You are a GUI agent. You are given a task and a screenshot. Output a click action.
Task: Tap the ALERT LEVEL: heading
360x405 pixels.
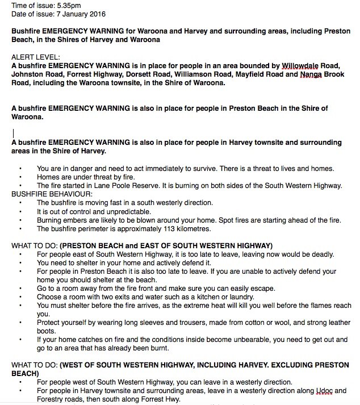click(x=34, y=57)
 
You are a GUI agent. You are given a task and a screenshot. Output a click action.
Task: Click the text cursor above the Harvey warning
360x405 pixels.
click(x=13, y=133)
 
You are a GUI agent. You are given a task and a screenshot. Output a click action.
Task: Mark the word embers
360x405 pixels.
click(x=77, y=219)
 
